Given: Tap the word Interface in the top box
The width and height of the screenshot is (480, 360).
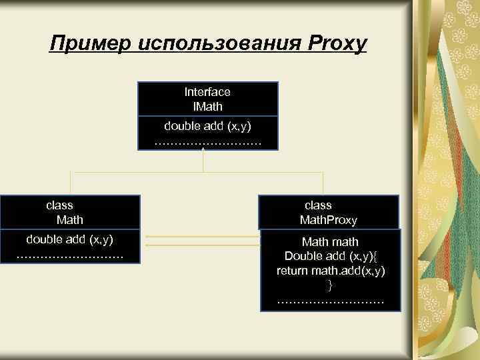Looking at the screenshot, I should click(x=207, y=92).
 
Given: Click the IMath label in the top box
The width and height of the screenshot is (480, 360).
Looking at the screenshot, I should click(x=207, y=106).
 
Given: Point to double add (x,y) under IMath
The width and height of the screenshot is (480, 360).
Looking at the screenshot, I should click(x=207, y=125).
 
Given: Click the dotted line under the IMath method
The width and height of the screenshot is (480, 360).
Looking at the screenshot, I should click(x=207, y=141).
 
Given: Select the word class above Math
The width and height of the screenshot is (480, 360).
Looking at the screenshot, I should click(x=59, y=205).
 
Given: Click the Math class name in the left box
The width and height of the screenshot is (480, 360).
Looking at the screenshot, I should click(x=70, y=219).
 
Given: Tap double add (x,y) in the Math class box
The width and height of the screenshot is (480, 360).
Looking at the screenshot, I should click(x=69, y=239).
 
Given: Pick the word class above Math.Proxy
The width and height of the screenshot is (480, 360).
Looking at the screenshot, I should click(x=318, y=205).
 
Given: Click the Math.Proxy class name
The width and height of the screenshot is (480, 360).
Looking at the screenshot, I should click(x=329, y=219).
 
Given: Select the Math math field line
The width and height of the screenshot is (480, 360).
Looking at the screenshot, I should click(x=330, y=241).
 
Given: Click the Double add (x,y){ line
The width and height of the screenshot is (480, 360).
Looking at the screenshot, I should click(x=330, y=256).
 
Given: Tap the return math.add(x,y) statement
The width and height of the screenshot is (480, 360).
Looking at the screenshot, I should click(x=331, y=271).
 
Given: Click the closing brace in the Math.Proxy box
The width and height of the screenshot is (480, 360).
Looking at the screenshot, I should click(x=330, y=285).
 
